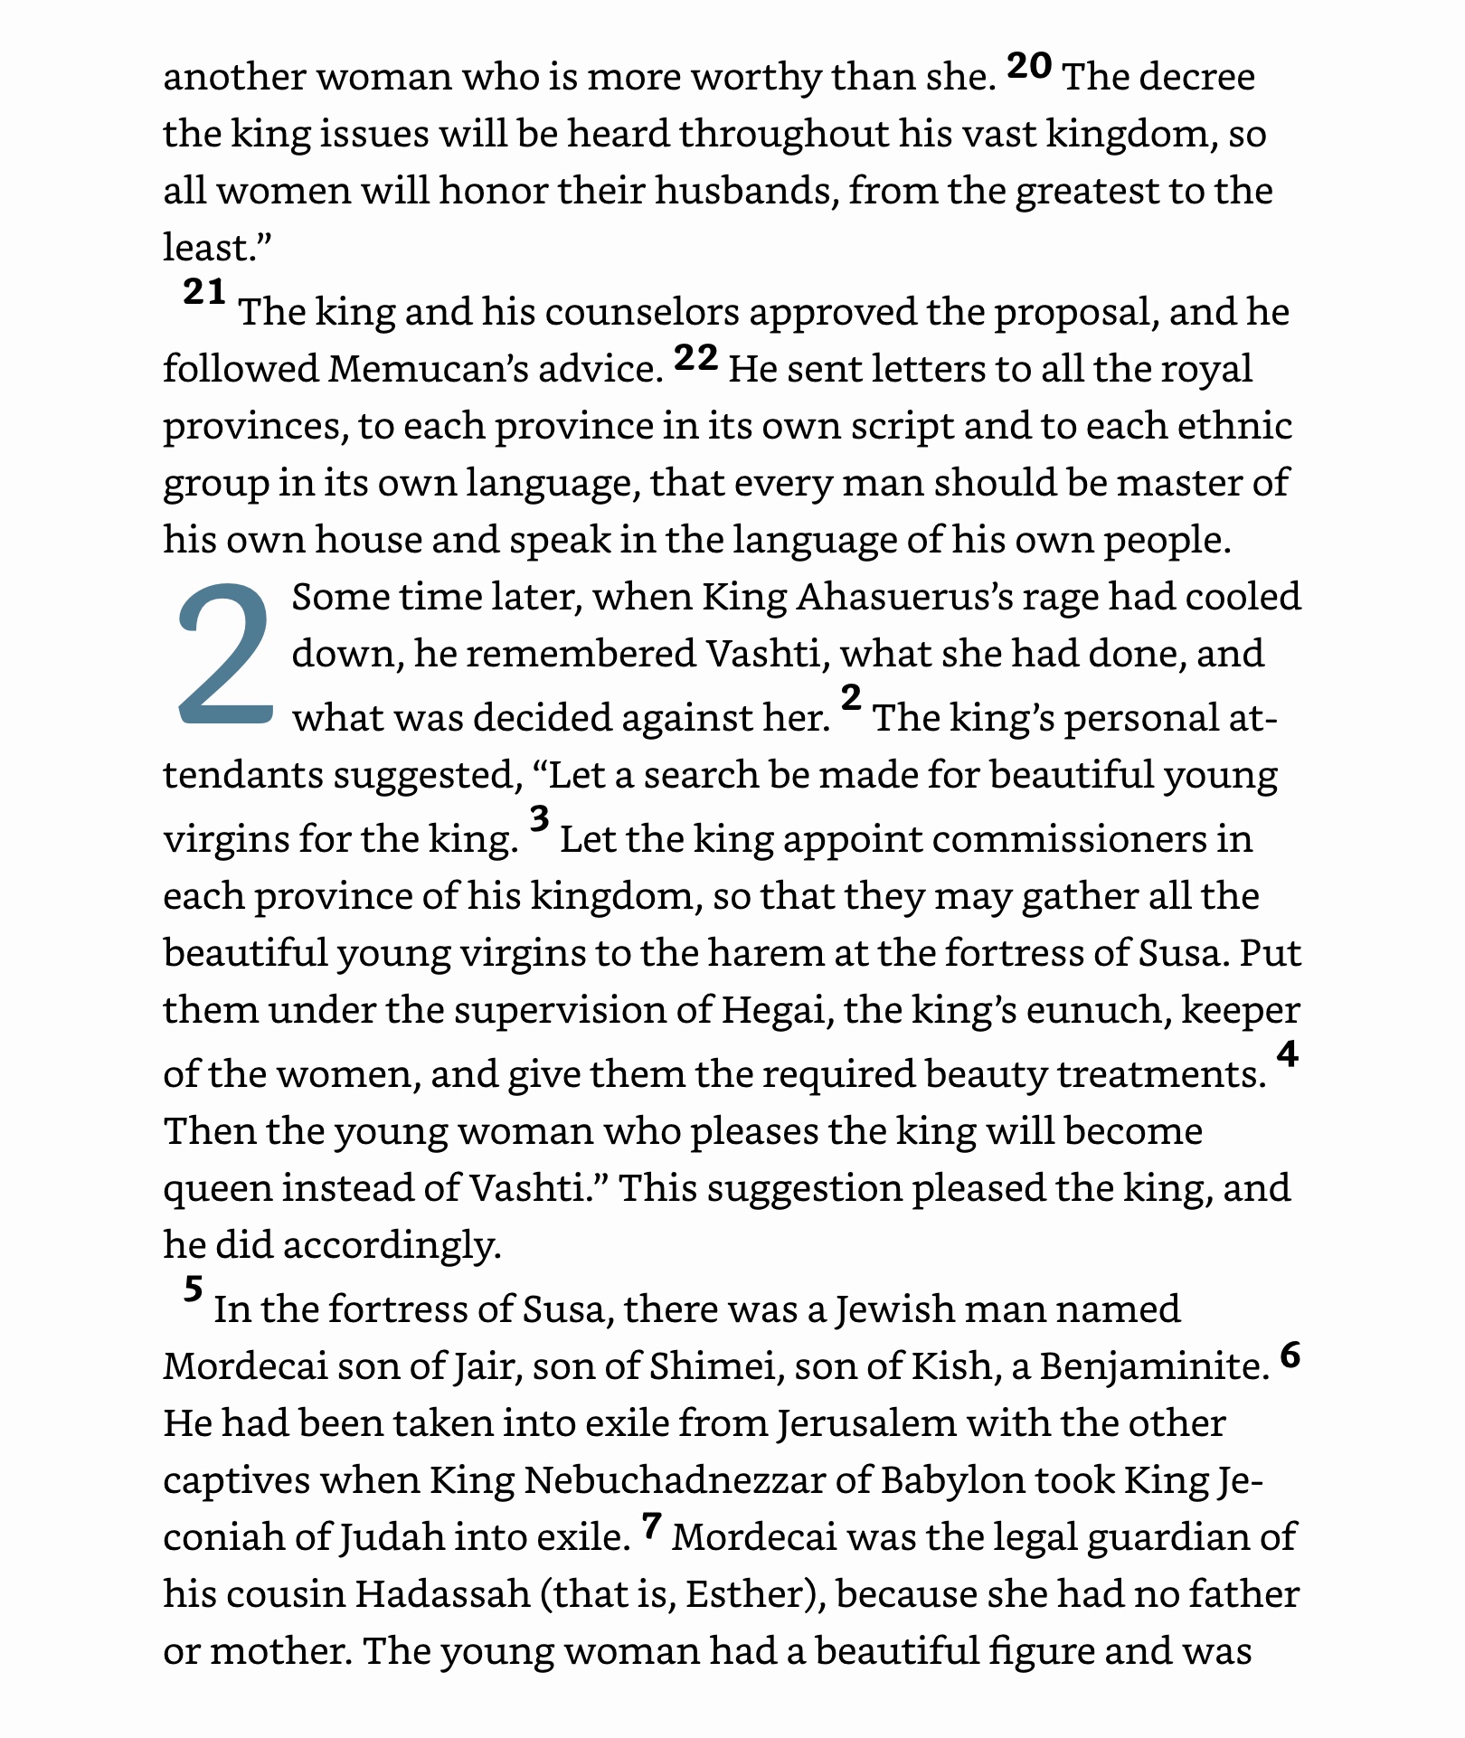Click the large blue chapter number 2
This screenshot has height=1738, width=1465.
225,655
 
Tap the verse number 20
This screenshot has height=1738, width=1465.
1029,66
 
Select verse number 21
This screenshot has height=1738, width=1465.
204,292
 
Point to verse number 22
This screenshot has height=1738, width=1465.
696,359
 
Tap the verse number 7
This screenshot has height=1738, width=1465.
652,1527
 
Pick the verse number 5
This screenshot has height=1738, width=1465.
193,1289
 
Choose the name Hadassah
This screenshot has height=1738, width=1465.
442,1594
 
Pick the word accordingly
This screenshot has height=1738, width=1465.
392,1246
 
